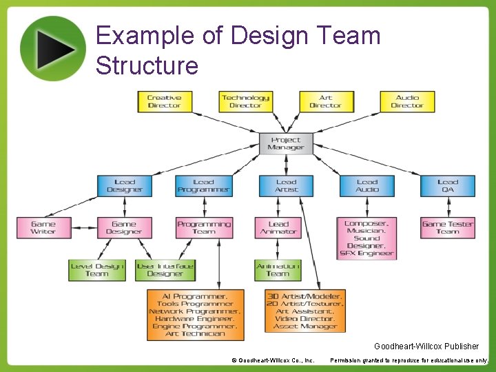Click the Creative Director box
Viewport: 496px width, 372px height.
(x=164, y=102)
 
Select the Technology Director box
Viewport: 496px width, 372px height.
(x=245, y=102)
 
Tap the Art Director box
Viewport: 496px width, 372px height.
(x=326, y=102)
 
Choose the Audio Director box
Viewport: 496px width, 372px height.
(x=407, y=102)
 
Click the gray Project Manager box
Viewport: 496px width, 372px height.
(x=286, y=143)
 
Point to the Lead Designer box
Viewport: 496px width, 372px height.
(x=125, y=186)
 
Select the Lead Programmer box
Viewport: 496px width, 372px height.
(x=203, y=186)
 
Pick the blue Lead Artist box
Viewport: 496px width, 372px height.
(x=286, y=186)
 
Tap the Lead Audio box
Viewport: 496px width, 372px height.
(x=366, y=186)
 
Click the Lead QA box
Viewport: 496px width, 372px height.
(x=447, y=186)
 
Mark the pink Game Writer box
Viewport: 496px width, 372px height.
(x=43, y=228)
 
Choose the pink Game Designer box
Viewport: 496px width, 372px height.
(x=124, y=228)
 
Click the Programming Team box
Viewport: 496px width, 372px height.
(x=204, y=228)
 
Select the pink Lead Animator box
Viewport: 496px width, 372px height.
(x=278, y=228)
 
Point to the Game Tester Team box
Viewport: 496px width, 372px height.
(x=447, y=228)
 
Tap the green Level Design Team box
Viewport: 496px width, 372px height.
(x=97, y=270)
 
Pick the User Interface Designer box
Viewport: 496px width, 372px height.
(x=165, y=270)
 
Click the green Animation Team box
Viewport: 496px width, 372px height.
(x=278, y=270)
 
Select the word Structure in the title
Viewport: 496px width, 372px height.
(x=147, y=65)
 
